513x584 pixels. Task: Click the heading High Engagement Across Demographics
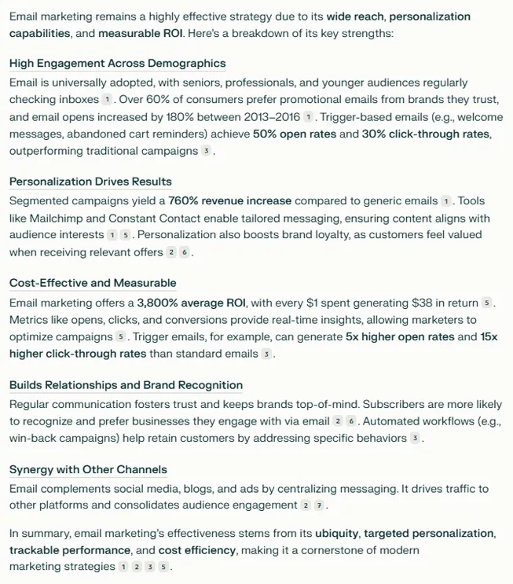point(117,64)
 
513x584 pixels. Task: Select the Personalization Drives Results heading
point(90,182)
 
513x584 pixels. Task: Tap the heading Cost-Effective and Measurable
point(93,283)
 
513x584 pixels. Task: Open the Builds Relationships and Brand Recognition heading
point(126,385)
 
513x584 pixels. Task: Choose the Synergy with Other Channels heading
point(88,470)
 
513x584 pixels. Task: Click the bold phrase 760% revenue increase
point(229,201)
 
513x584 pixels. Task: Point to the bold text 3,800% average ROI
point(192,303)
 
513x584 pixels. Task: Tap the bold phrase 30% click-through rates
point(425,134)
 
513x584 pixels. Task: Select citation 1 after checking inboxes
point(107,101)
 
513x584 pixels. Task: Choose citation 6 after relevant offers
point(185,253)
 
